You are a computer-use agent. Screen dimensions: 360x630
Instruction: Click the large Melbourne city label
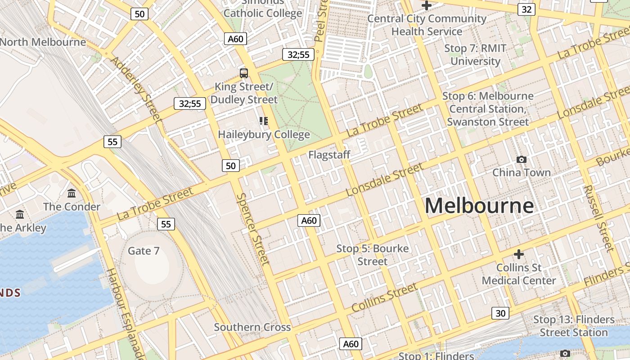click(x=479, y=206)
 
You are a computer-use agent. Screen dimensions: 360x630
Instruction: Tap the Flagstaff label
click(x=329, y=155)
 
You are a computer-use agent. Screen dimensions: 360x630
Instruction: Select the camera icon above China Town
click(x=522, y=159)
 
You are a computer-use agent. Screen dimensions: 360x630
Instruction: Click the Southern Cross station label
click(x=252, y=327)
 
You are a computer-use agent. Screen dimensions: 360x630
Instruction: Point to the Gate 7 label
click(x=144, y=251)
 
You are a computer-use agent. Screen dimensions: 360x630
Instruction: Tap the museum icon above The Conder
click(x=72, y=193)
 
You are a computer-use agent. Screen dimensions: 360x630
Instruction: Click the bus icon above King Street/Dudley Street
click(x=244, y=73)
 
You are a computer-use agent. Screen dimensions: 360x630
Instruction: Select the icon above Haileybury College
click(x=264, y=121)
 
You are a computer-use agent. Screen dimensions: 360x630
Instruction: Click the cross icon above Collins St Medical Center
click(x=519, y=254)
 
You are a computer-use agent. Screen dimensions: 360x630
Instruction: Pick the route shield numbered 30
click(x=500, y=313)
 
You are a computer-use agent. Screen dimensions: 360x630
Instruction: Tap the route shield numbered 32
click(x=526, y=9)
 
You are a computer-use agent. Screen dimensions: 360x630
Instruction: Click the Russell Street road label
click(x=598, y=218)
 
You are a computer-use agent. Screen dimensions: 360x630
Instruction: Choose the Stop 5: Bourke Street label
click(x=373, y=255)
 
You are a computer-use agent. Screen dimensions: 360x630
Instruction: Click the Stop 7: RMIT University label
click(x=475, y=54)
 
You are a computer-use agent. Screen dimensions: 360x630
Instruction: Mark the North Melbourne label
click(x=43, y=42)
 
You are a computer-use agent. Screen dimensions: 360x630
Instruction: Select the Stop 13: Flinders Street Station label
click(x=574, y=326)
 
